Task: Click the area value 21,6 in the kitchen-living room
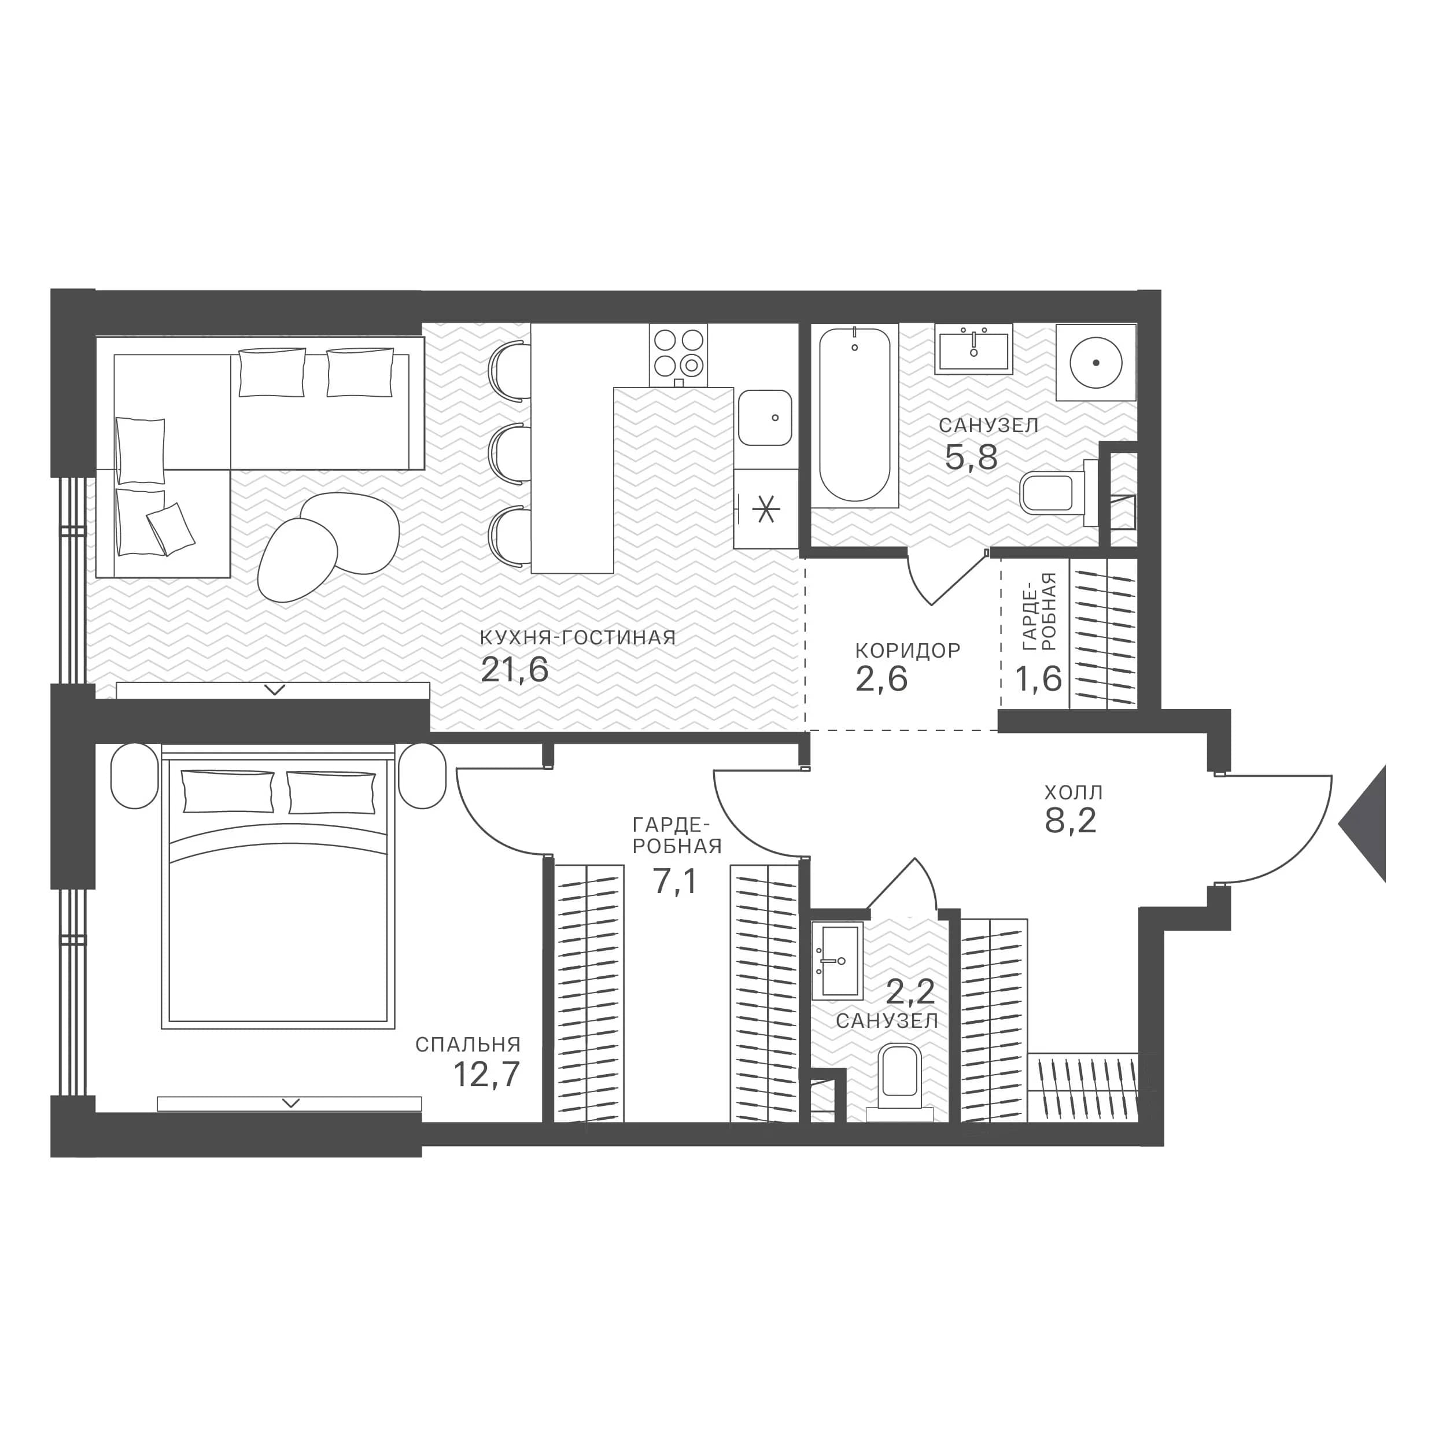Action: click(514, 670)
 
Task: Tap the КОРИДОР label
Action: click(907, 650)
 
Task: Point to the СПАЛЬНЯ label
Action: click(468, 1044)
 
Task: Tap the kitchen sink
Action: click(765, 418)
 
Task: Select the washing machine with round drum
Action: click(1095, 362)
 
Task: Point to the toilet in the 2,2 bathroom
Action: click(899, 1082)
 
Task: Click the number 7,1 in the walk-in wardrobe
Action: click(675, 881)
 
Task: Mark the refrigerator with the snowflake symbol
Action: click(766, 509)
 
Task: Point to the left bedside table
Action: click(135, 776)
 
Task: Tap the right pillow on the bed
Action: click(331, 792)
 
